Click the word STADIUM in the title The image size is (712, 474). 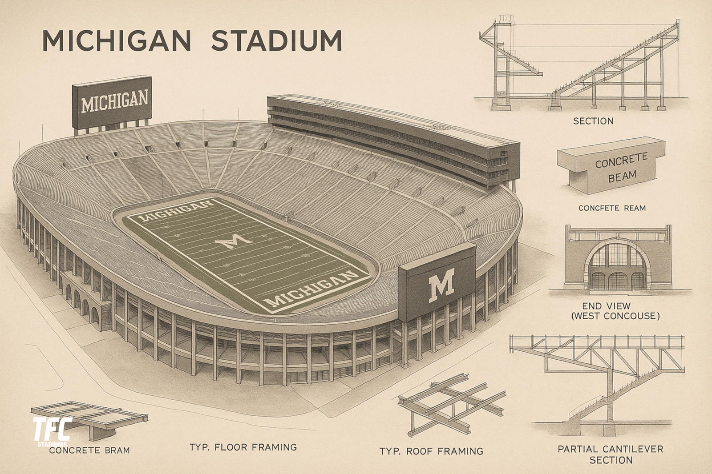276,41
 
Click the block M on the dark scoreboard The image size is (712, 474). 441,284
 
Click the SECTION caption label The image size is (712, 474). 593,121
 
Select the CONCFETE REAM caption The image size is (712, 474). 612,208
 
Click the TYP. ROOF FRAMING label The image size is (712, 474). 431,451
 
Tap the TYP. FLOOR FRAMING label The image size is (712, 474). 243,447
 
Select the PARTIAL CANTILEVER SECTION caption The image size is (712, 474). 611,454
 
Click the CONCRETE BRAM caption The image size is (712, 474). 89,450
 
